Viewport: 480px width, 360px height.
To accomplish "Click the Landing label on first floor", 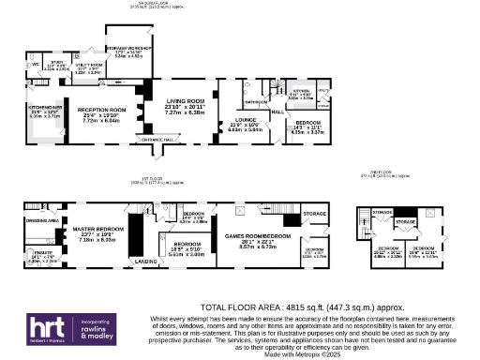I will (145, 261).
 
